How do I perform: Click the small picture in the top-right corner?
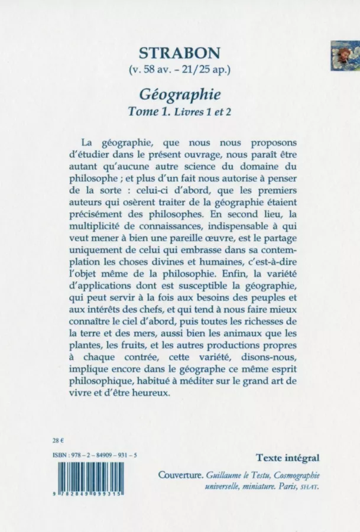point(345,56)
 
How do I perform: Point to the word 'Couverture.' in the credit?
point(181,476)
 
